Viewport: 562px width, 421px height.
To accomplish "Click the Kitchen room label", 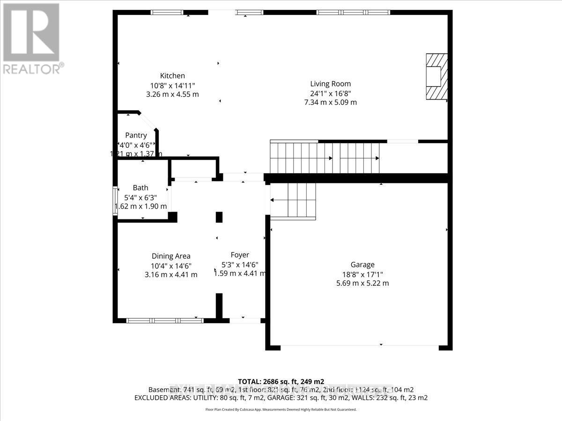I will point(172,76).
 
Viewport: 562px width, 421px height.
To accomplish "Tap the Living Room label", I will point(330,84).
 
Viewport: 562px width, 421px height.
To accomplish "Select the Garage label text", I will point(362,265).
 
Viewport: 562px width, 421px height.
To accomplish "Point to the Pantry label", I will point(136,135).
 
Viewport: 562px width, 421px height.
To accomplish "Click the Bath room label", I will point(140,188).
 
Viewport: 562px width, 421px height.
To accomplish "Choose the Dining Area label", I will point(171,256).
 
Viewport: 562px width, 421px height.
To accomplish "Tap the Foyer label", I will point(240,255).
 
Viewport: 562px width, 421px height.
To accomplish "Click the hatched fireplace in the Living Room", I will point(436,76).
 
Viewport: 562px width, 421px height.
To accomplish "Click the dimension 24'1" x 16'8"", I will point(330,93).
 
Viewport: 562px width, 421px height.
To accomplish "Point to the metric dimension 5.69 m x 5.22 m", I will point(362,283).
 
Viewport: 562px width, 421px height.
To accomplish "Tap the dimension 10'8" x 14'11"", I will point(172,85).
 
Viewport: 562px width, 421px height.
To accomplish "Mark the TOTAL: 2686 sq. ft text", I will point(281,381).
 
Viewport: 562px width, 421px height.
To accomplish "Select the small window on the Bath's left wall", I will point(115,201).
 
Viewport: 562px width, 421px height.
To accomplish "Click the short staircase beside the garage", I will point(293,200).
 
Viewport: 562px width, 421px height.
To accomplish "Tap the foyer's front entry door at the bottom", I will point(244,320).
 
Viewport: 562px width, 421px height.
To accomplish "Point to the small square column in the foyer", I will point(219,217).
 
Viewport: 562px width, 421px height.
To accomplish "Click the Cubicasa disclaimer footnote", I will point(281,409).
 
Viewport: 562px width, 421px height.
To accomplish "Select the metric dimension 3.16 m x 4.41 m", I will point(171,275).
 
